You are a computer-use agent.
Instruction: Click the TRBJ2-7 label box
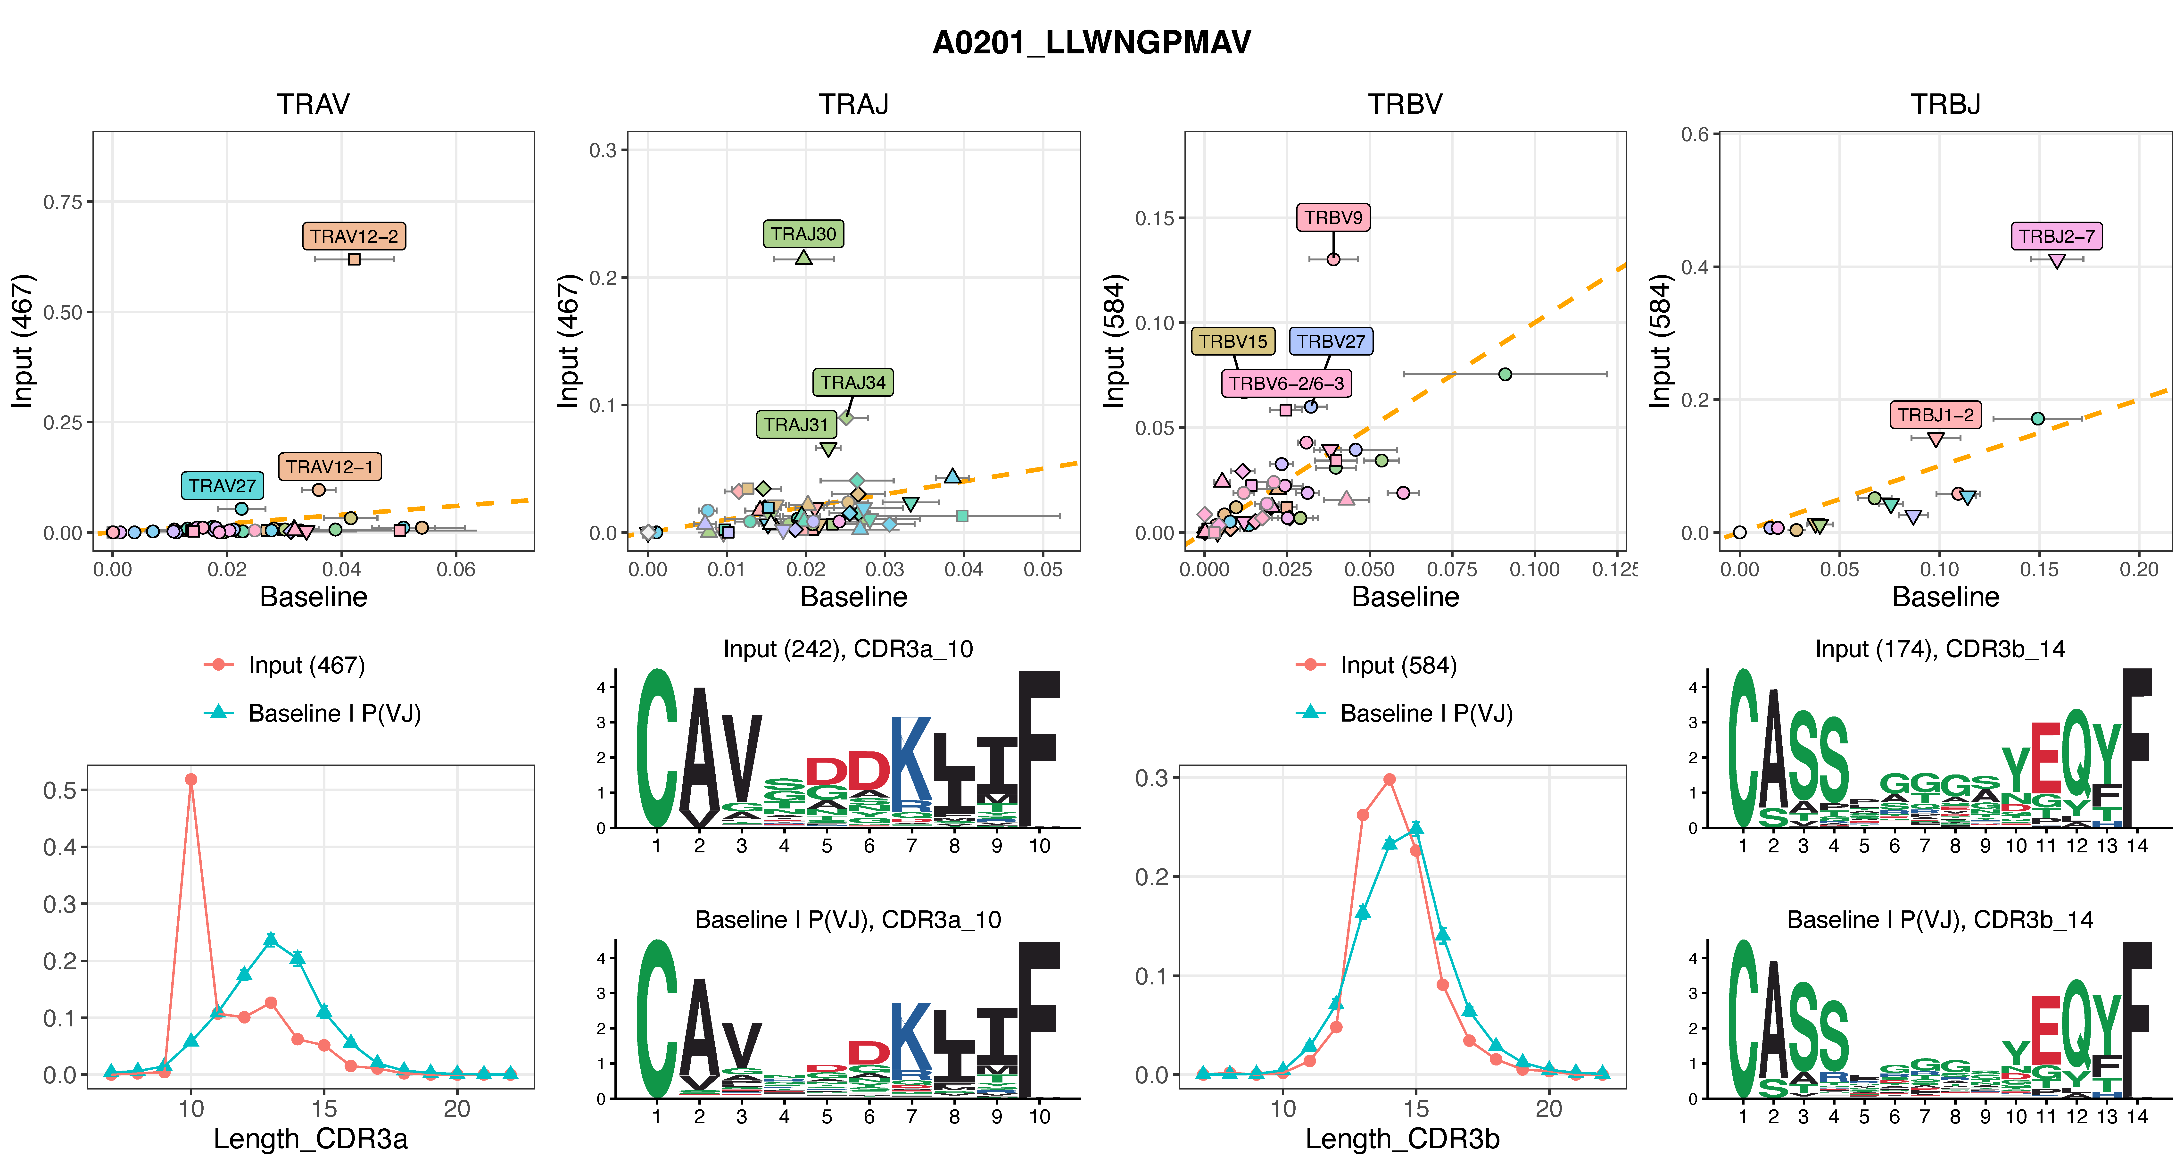point(2056,236)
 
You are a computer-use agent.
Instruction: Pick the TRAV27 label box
point(222,486)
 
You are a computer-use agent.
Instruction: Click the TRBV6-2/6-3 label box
point(1286,383)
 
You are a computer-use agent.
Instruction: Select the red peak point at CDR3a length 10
point(191,779)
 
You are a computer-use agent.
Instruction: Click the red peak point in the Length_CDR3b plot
point(1389,779)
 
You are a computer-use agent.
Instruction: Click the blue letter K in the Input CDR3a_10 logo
point(910,759)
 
